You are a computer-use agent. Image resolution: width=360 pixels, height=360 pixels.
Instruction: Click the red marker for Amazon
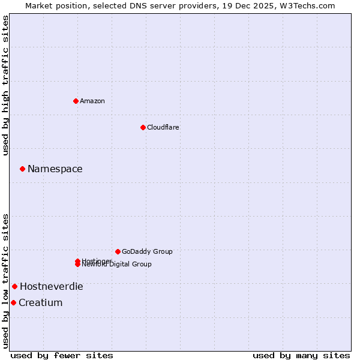(x=76, y=101)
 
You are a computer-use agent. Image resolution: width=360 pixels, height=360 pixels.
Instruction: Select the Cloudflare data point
(x=143, y=127)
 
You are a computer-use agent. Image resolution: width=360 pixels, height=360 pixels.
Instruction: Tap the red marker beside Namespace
(x=22, y=169)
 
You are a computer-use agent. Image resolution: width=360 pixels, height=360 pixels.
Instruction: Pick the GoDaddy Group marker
(x=118, y=251)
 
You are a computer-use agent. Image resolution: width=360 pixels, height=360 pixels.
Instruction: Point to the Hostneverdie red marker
(x=14, y=286)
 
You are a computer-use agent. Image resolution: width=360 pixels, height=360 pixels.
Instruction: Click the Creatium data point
(x=13, y=302)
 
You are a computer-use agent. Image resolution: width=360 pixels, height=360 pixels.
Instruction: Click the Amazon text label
(x=92, y=101)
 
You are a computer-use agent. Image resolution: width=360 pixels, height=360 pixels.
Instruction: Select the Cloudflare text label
(x=163, y=127)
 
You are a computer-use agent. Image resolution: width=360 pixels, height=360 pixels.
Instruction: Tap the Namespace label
(x=55, y=169)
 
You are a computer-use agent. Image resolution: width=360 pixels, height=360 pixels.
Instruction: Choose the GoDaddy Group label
(x=147, y=251)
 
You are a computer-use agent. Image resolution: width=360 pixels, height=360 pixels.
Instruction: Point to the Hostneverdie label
(x=52, y=286)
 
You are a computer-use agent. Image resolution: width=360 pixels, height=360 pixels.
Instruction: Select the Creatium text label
(x=41, y=302)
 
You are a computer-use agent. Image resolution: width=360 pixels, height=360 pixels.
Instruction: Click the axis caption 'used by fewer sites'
(x=62, y=355)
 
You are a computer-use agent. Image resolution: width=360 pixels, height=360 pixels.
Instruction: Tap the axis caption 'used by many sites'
(x=301, y=355)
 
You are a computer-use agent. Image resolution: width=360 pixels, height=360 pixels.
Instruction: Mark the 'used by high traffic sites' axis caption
(x=6, y=85)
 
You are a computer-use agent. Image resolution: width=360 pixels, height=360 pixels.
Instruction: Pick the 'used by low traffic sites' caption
(x=6, y=280)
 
